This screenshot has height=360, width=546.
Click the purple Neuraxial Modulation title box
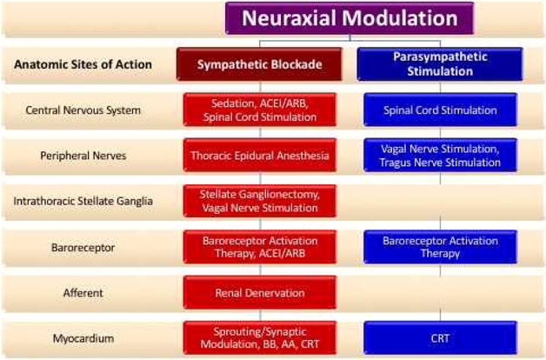pos(350,18)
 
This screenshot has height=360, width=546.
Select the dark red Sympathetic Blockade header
pos(259,64)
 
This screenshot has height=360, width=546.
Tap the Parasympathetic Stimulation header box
pos(440,64)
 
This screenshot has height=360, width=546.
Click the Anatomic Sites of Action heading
pos(83,64)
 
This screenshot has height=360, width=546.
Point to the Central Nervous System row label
pos(83,110)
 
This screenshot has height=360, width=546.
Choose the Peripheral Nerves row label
pos(83,156)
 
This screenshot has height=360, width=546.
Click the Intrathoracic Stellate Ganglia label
pos(83,201)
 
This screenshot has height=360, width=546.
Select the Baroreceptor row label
pos(83,248)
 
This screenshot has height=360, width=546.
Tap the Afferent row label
pos(83,293)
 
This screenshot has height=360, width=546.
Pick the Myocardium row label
pos(83,338)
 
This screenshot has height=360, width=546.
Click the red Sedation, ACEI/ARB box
pos(260,110)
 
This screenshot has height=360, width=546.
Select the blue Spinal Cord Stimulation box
pos(440,110)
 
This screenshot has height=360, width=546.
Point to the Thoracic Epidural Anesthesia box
pos(260,156)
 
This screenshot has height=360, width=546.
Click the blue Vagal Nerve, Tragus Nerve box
pos(440,156)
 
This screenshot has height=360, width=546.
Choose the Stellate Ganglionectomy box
pos(260,201)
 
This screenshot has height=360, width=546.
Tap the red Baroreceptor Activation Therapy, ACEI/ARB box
pos(260,247)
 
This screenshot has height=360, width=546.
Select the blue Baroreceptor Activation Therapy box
pos(440,247)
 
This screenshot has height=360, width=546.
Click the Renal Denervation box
pos(260,292)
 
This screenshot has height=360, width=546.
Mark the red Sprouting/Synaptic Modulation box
pos(260,337)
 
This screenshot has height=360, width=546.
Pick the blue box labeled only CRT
pos(440,337)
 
